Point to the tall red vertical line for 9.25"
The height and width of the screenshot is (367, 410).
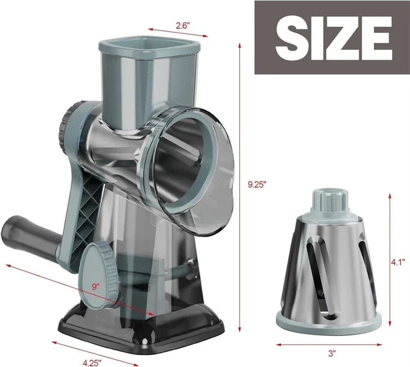240,186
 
